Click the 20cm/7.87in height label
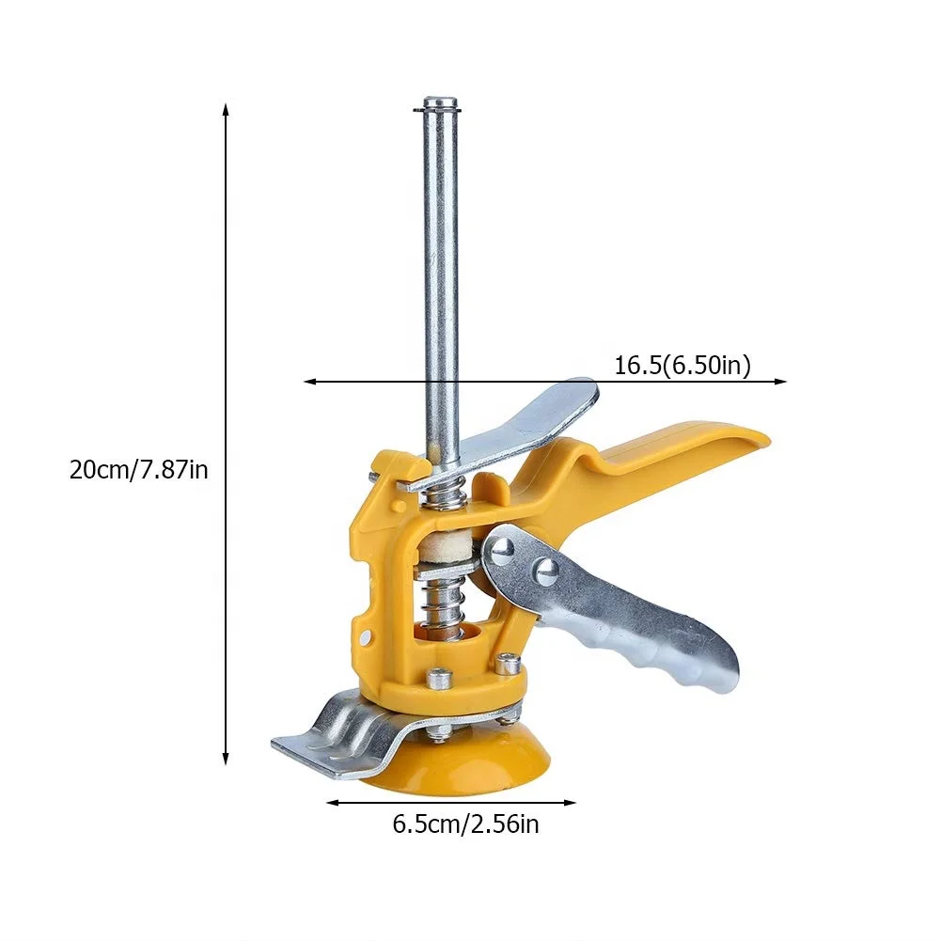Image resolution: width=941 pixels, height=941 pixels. click(138, 468)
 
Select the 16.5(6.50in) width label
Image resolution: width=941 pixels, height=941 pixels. click(682, 366)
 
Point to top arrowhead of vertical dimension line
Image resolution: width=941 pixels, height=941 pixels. click(226, 108)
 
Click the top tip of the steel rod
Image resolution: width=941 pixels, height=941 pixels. click(441, 102)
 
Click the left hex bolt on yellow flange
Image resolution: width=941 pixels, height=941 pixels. click(436, 677)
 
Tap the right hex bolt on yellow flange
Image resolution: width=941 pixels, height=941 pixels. click(509, 664)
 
